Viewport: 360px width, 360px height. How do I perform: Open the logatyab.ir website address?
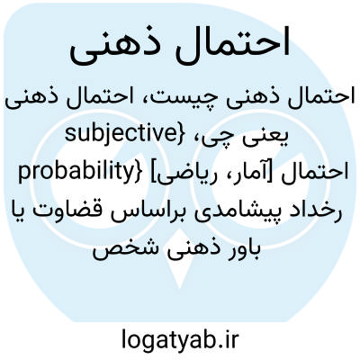(180, 339)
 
